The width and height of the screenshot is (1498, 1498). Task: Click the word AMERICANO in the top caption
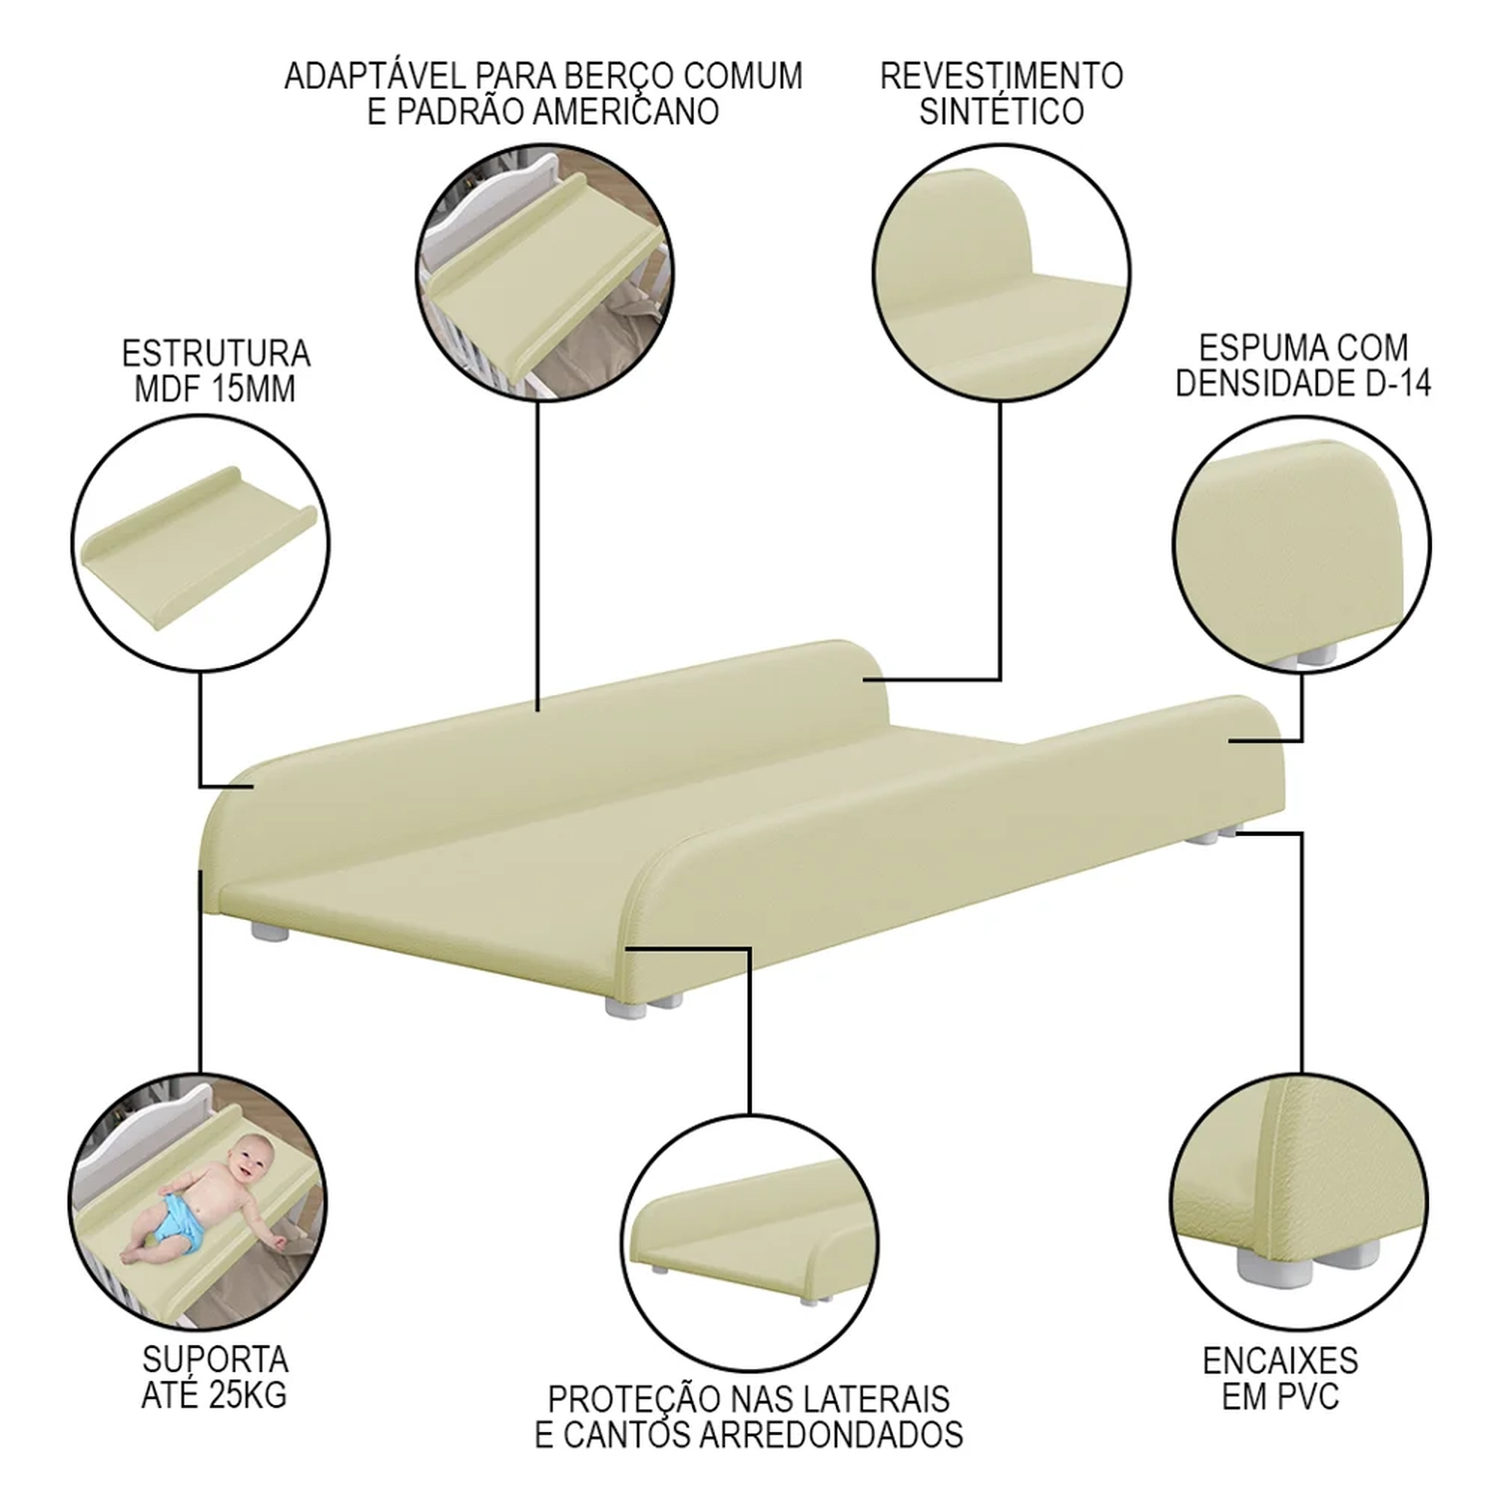[625, 111]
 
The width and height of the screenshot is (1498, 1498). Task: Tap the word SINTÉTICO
[1002, 111]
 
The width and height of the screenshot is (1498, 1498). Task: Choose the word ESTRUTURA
[216, 354]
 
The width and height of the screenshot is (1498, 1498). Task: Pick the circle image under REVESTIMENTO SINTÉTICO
[1002, 274]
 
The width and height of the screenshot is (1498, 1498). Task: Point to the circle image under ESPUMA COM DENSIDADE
[1302, 544]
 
